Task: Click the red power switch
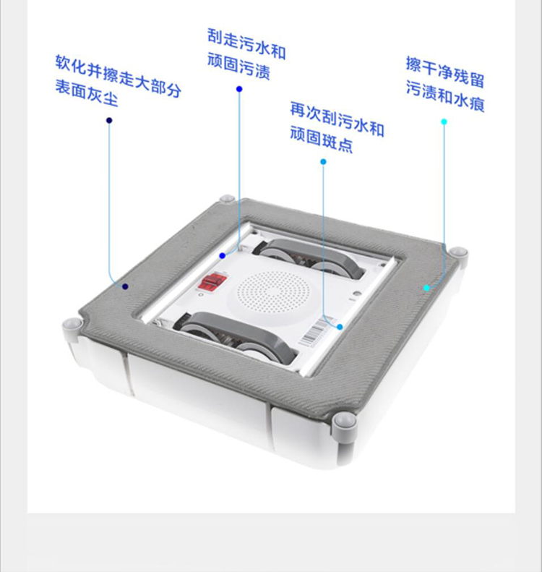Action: point(212,282)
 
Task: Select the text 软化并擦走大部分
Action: point(118,76)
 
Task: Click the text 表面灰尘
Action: point(87,93)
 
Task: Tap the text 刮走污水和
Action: point(246,44)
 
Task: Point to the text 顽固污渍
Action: point(238,66)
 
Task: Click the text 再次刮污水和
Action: point(337,119)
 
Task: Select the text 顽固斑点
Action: point(322,139)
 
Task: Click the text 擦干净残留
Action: point(444,72)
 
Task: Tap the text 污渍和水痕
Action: point(445,96)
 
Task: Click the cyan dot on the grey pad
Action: point(426,288)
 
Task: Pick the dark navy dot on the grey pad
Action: point(126,286)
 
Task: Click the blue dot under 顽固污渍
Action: point(239,89)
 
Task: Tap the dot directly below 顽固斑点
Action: point(323,161)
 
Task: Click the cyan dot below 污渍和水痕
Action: point(444,121)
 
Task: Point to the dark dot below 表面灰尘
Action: point(109,120)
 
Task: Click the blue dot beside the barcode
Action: point(340,327)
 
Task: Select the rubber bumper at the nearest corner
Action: point(345,422)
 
